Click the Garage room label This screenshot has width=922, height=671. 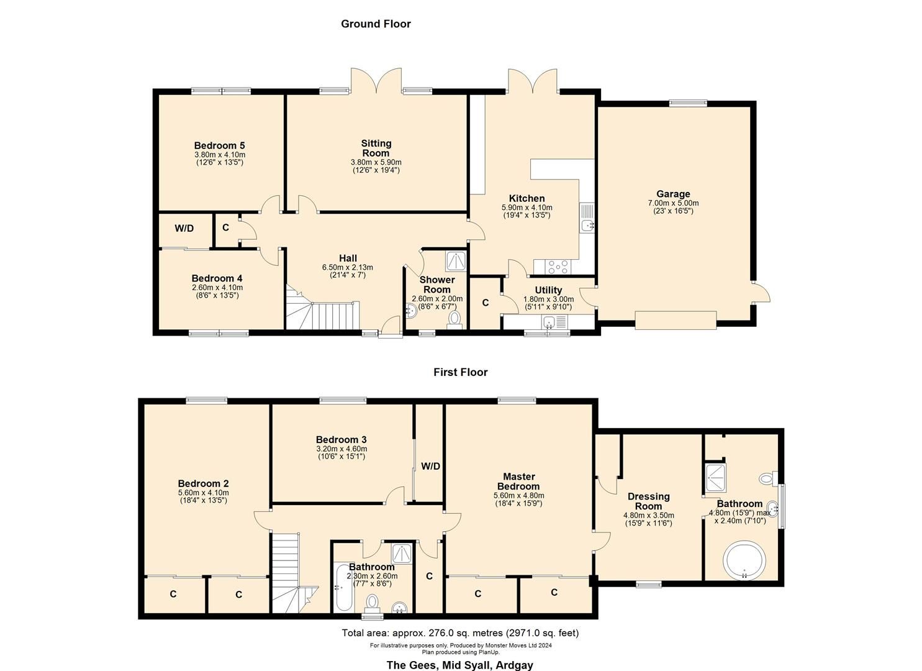tap(673, 194)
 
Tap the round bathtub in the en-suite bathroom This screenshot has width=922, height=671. tap(744, 560)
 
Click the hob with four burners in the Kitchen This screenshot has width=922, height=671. tap(557, 267)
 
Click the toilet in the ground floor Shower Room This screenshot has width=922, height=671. tap(455, 319)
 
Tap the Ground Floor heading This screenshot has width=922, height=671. tap(376, 24)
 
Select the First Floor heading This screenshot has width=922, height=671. tap(460, 372)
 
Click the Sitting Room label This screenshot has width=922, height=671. tap(376, 148)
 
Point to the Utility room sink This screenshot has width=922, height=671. tap(549, 322)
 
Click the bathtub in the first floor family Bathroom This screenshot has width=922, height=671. tap(342, 587)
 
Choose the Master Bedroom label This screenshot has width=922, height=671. tap(518, 482)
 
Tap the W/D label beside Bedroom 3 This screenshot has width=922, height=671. tap(430, 467)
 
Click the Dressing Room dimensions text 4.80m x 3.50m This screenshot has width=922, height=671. tap(648, 515)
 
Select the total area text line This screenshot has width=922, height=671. tap(460, 633)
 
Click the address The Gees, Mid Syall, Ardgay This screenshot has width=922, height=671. tap(459, 665)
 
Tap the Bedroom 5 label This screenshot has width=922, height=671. tap(219, 146)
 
